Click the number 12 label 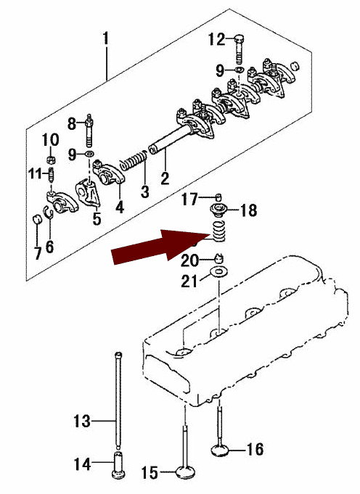[217, 39]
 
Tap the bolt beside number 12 [240, 49]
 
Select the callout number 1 [106, 38]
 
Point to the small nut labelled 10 [50, 160]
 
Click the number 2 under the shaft [165, 178]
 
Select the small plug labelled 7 [37, 218]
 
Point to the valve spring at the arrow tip [218, 231]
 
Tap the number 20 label [189, 260]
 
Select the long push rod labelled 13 [118, 400]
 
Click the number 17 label [189, 199]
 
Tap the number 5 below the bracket [97, 218]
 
